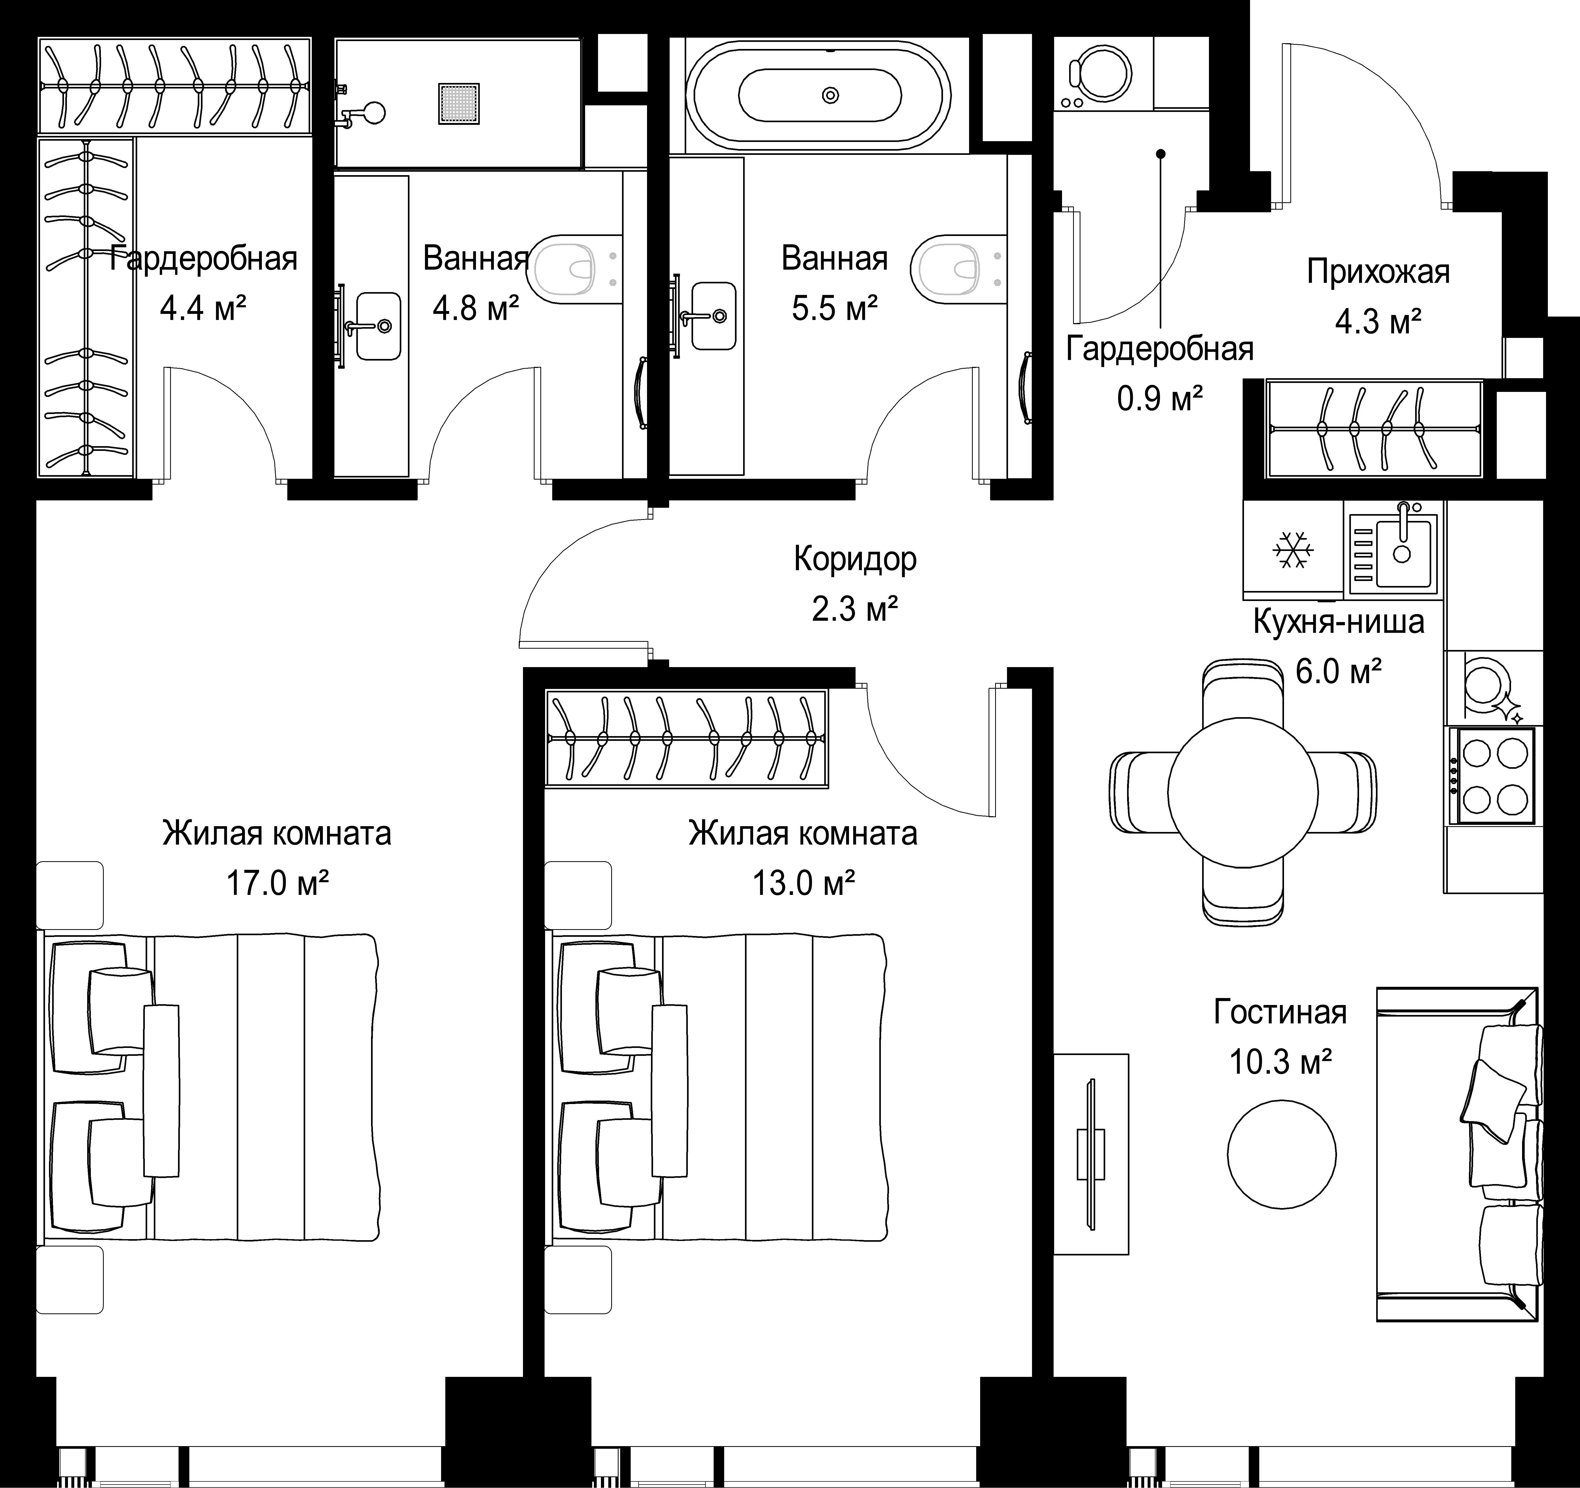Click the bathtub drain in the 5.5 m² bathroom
point(831,95)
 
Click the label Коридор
point(855,560)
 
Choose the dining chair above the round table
point(1244,693)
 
